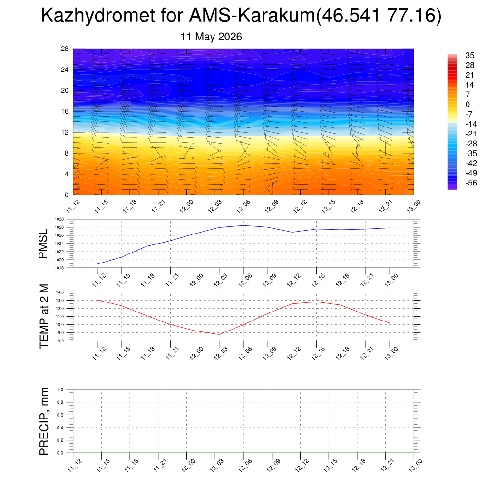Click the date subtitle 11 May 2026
pos(211,37)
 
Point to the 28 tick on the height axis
pos(65,49)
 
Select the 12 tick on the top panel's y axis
pos(65,132)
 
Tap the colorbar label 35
pos(470,55)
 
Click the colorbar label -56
pos(471,183)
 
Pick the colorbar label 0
pos(468,104)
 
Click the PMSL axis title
pos(43,244)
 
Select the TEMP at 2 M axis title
pos(44,316)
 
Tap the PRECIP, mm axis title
pos(44,421)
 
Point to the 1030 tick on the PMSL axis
pos(59,219)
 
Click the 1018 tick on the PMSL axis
pos(59,268)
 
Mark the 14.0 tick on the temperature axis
pos(59,292)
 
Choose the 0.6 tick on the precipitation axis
pos(60,415)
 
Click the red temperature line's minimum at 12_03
pos(219,334)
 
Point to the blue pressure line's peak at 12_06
pos(243,225)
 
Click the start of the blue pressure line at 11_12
pos(97,264)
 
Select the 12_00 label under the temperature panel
pos(195,353)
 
